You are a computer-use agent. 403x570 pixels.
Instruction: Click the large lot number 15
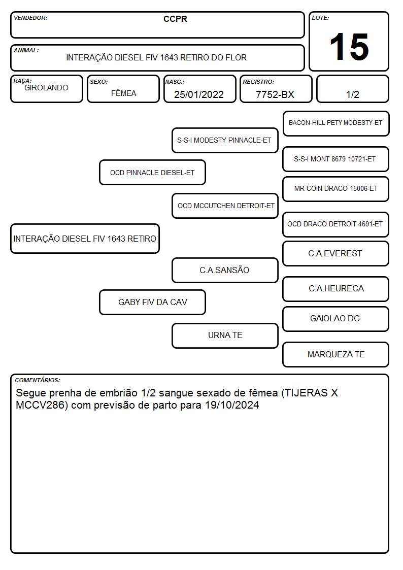point(349,47)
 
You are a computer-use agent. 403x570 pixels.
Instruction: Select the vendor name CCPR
point(175,19)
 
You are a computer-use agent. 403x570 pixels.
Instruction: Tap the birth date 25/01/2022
point(199,94)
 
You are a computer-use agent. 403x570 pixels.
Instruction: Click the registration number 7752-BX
point(275,94)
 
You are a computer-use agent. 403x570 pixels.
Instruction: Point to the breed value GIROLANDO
point(47,88)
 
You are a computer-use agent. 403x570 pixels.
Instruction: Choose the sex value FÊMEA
point(123,93)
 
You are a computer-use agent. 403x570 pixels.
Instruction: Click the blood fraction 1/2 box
point(352,89)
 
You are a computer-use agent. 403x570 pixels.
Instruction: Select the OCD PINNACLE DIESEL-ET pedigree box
point(152,172)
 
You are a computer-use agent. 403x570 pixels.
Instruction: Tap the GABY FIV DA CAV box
point(152,302)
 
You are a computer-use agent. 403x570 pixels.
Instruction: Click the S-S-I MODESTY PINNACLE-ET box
point(225,140)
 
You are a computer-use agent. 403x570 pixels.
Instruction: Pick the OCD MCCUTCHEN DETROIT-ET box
point(225,206)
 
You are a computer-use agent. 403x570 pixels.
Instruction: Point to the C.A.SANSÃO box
point(225,270)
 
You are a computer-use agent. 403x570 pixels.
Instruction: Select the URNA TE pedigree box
point(225,336)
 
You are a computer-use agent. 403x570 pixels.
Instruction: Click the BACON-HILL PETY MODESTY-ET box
point(336,124)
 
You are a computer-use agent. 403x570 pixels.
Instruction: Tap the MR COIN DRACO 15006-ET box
point(336,189)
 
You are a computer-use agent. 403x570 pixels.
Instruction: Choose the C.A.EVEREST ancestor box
point(336,253)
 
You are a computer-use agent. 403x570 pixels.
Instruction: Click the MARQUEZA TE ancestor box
point(336,354)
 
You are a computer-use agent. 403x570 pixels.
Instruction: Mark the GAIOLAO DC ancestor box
point(336,319)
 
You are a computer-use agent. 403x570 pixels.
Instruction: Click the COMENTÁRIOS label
point(38,380)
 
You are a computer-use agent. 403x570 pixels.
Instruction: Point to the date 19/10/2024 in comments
point(232,405)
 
